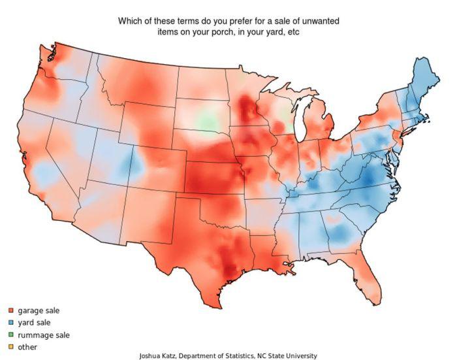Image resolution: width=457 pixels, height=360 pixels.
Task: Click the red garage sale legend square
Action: (x=10, y=311)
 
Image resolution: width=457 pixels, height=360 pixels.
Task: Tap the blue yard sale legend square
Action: (x=10, y=323)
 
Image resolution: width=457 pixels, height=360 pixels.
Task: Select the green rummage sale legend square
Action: (x=10, y=335)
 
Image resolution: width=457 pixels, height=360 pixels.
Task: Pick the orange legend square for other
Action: (x=10, y=347)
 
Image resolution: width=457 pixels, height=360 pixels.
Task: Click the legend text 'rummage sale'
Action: (x=43, y=335)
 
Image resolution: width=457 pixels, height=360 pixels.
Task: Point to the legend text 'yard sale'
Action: (x=34, y=323)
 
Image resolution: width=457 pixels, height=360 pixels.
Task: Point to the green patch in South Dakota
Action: (x=208, y=120)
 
